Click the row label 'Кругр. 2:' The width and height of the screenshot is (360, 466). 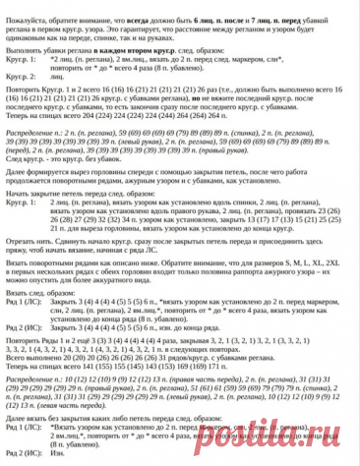pyautogui.click(x=19, y=74)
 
